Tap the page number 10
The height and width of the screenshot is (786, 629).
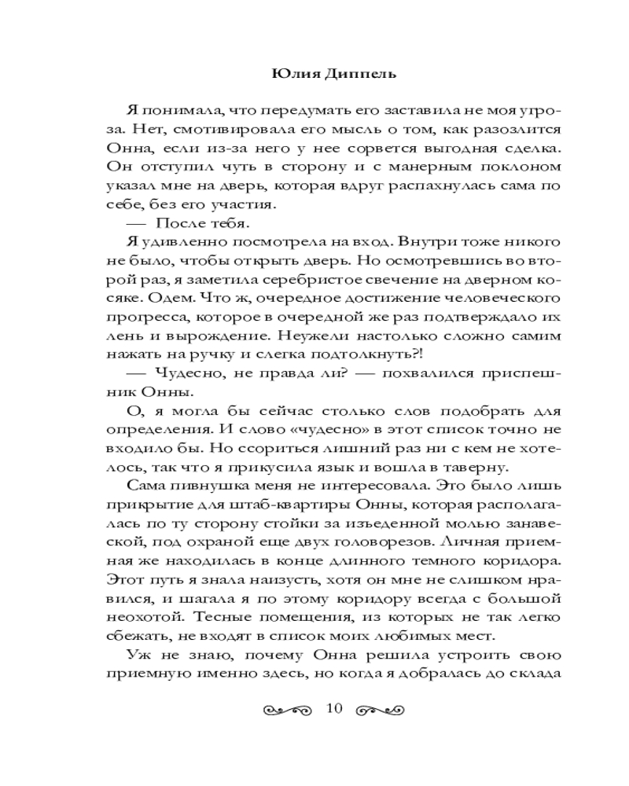tap(333, 709)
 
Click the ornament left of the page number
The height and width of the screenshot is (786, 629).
tap(288, 710)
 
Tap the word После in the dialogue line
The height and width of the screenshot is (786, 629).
tap(179, 225)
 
